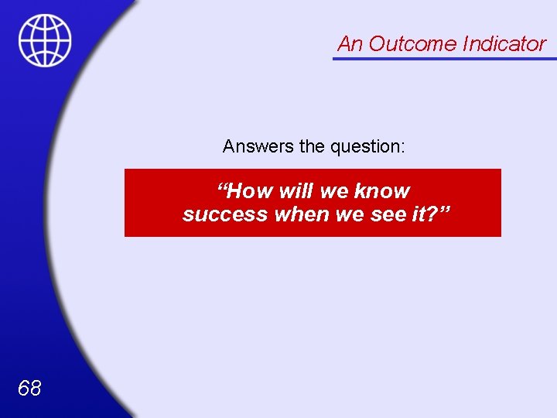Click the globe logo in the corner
click(x=45, y=40)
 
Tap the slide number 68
click(x=29, y=388)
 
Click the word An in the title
click(x=350, y=44)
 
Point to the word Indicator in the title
click(x=504, y=44)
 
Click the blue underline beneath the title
click(x=444, y=58)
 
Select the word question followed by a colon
click(x=367, y=146)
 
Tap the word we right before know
click(x=336, y=190)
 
